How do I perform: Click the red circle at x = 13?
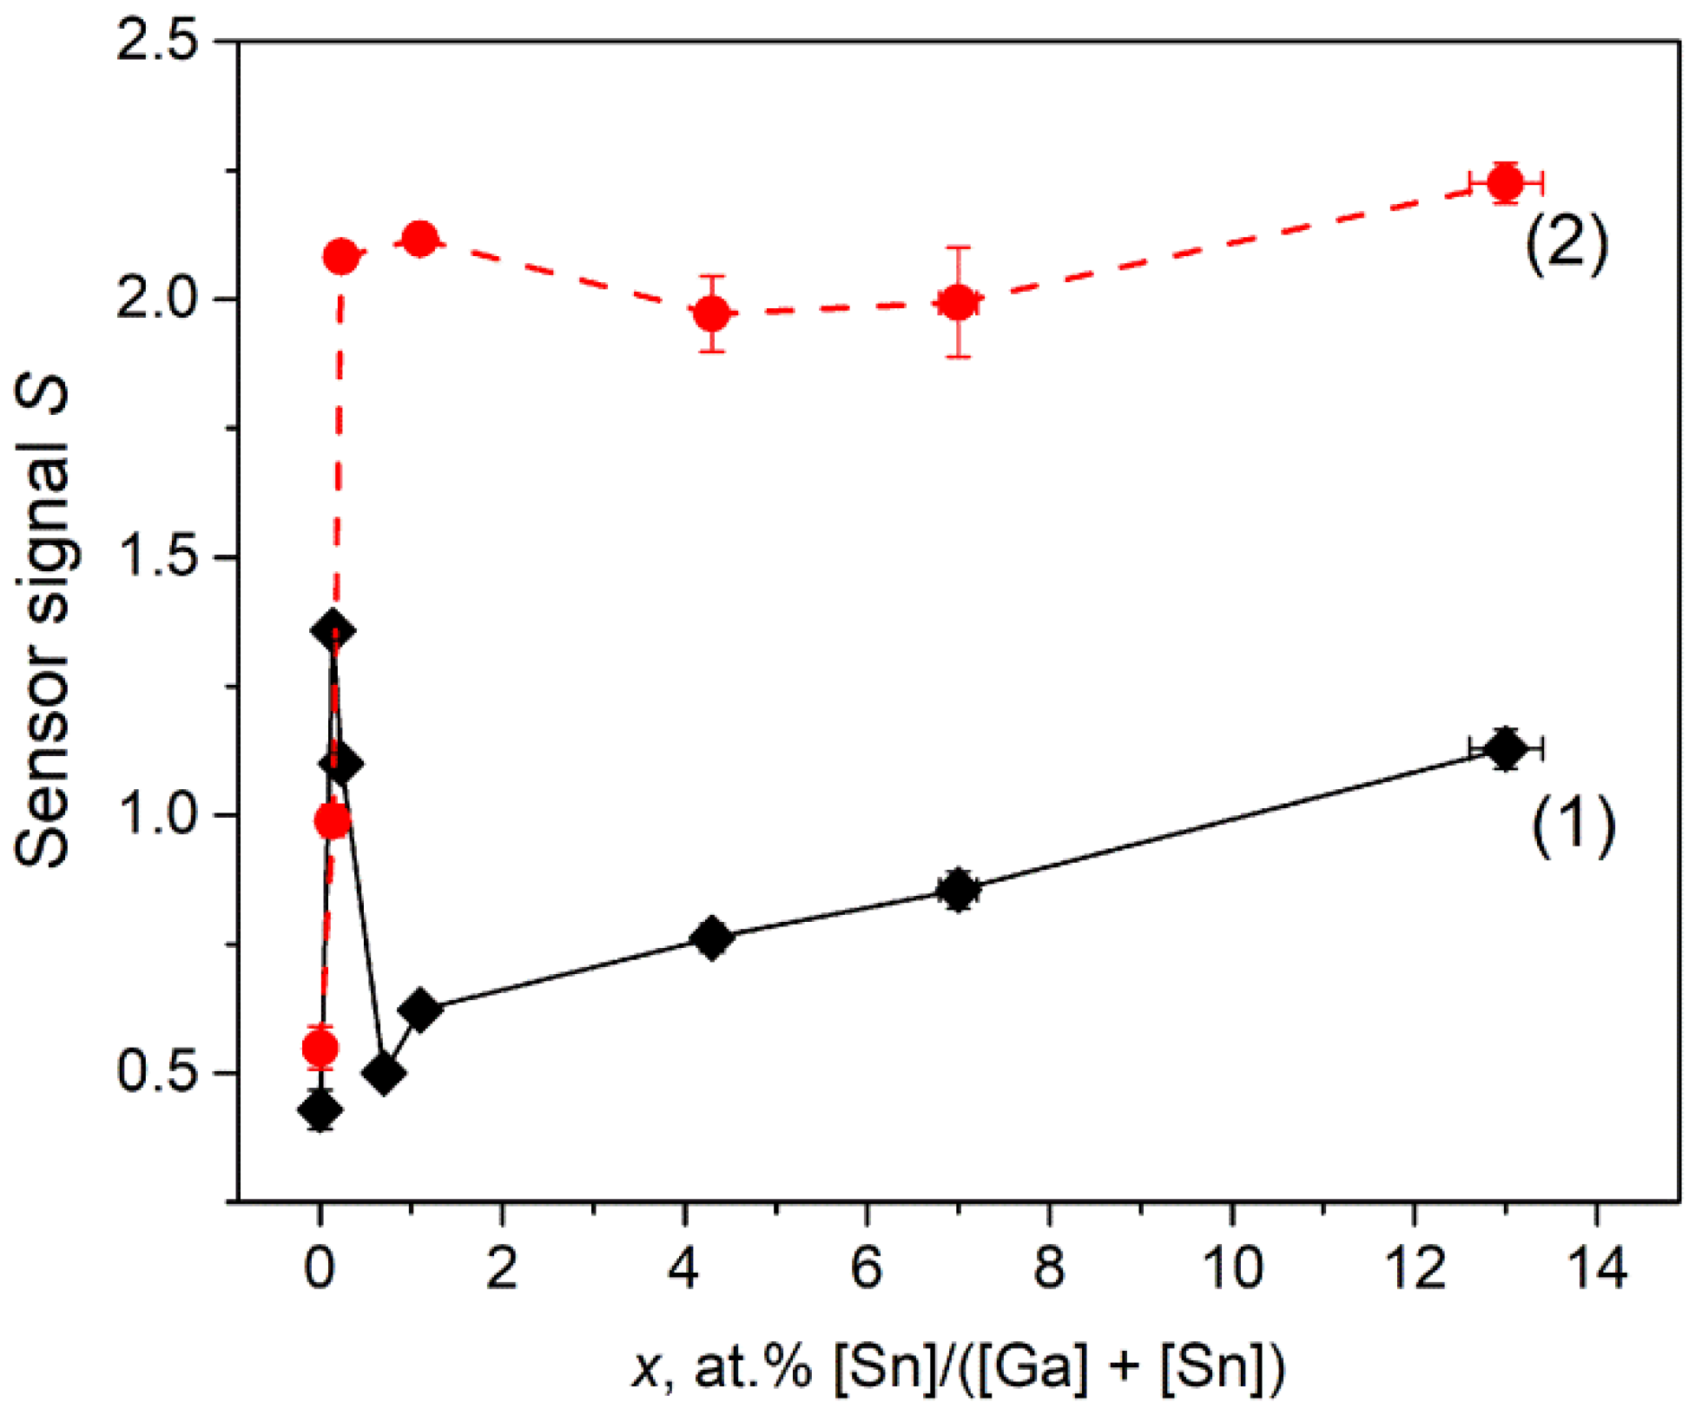(1505, 182)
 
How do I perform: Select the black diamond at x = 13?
(1505, 747)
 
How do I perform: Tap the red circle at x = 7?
(958, 302)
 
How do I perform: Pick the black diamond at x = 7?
(958, 889)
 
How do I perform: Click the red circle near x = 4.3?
(712, 313)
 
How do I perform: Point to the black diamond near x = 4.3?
(712, 938)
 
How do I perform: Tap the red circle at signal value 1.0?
(333, 820)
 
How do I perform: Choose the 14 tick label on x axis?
(1596, 1268)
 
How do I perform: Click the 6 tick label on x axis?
(867, 1268)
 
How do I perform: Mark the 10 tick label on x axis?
(1231, 1268)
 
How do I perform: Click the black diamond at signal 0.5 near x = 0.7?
(385, 1074)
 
